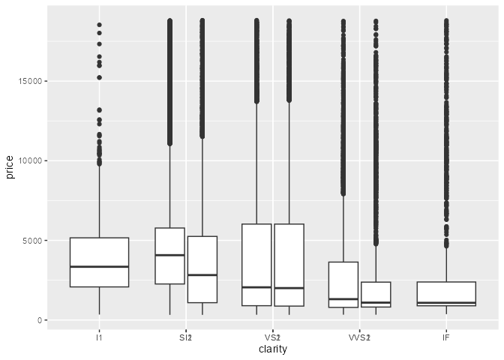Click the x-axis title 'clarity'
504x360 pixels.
pos(273,349)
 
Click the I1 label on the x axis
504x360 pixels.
pos(99,338)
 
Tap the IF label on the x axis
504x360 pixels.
pos(446,338)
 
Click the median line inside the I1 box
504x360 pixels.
pos(99,266)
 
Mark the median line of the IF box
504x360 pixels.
pos(446,303)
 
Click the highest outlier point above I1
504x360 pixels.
pos(99,25)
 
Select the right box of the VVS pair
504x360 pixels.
pos(376,292)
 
